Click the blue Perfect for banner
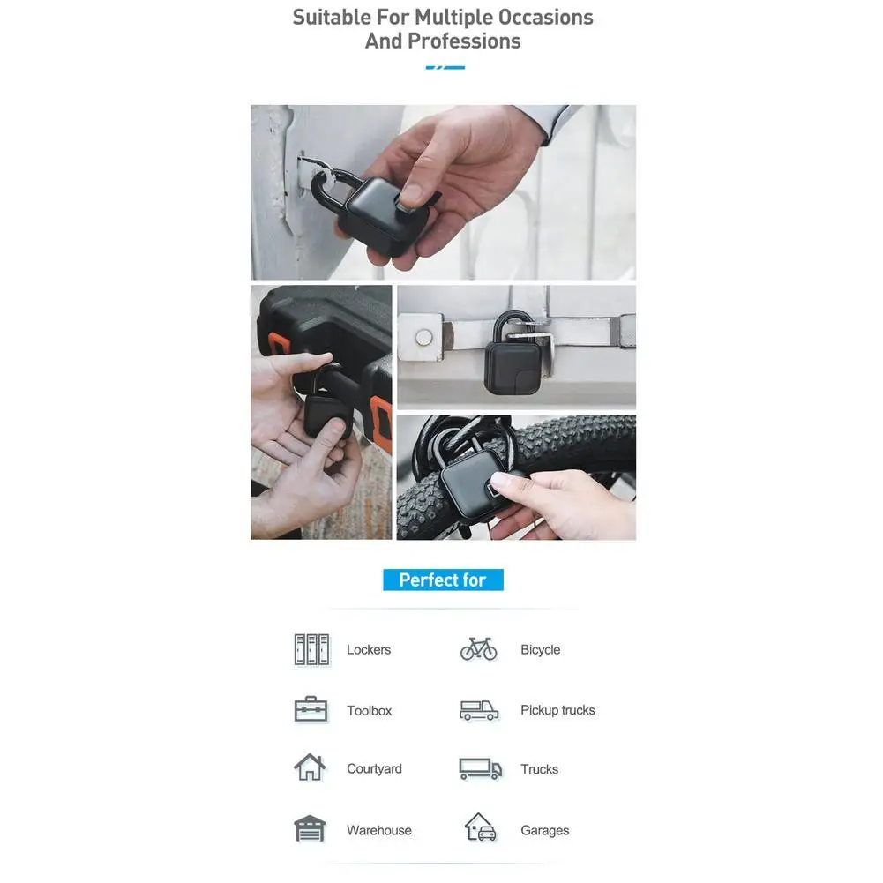pyautogui.click(x=443, y=580)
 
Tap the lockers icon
pyautogui.click(x=311, y=649)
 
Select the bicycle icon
pyautogui.click(x=479, y=648)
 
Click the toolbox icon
pyautogui.click(x=311, y=709)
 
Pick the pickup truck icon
pyautogui.click(x=479, y=710)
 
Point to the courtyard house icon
pyautogui.click(x=310, y=767)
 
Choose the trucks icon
pyautogui.click(x=481, y=768)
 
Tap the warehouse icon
pyautogui.click(x=310, y=828)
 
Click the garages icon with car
pyautogui.click(x=481, y=827)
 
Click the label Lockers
pyautogui.click(x=369, y=649)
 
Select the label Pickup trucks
pyautogui.click(x=557, y=710)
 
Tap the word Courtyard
pyautogui.click(x=375, y=768)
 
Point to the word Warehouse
pyautogui.click(x=379, y=830)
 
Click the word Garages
pyautogui.click(x=544, y=830)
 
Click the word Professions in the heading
pyautogui.click(x=464, y=41)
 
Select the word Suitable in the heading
pyautogui.click(x=332, y=17)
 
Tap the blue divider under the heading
pyautogui.click(x=445, y=68)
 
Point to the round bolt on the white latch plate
pyautogui.click(x=423, y=337)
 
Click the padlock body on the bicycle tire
pyautogui.click(x=473, y=485)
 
